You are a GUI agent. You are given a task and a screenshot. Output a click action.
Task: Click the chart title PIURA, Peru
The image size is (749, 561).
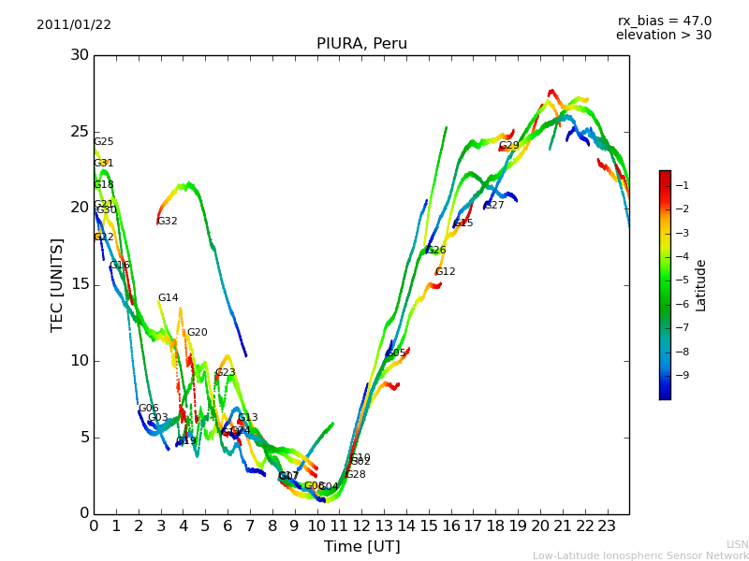[361, 44]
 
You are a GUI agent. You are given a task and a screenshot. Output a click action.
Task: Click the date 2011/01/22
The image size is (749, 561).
[74, 25]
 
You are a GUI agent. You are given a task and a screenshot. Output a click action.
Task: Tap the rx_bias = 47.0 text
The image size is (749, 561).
[665, 22]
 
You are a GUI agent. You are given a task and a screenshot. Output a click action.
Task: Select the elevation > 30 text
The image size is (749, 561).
[664, 36]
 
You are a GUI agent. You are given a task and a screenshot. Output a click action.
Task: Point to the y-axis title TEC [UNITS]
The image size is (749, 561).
[58, 284]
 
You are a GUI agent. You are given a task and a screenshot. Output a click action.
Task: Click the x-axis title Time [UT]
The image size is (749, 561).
[361, 547]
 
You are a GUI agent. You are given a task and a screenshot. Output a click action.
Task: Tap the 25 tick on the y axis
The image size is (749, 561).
[80, 131]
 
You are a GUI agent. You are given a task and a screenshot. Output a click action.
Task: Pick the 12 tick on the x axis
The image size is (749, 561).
[361, 526]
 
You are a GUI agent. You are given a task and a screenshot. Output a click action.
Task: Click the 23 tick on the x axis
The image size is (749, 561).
[607, 526]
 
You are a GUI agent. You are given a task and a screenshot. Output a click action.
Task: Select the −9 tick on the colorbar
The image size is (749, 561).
[683, 376]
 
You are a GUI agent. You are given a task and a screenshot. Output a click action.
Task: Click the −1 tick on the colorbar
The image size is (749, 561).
[683, 185]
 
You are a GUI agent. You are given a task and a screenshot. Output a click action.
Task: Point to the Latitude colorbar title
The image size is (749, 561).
[701, 284]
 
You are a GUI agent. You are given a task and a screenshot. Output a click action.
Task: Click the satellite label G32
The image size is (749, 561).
[167, 222]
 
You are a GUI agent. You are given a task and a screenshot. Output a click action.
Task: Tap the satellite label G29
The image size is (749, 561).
[508, 146]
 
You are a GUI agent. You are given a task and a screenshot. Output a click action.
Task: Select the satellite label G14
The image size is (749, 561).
[168, 298]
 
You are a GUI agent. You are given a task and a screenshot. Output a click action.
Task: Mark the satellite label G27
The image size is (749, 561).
[493, 206]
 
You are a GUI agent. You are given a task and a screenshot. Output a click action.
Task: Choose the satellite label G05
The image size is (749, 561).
[395, 353]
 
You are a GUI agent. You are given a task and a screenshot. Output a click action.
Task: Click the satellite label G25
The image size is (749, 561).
[103, 142]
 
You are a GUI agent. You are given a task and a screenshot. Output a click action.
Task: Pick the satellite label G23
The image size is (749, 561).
[225, 373]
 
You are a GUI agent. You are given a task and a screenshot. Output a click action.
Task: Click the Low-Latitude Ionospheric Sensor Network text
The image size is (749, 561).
[640, 556]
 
